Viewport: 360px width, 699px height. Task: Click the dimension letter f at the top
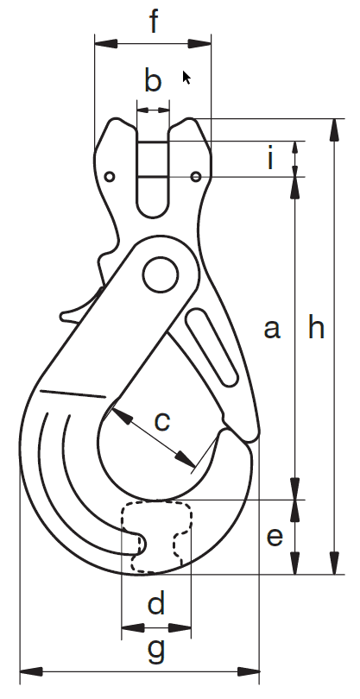(x=154, y=21)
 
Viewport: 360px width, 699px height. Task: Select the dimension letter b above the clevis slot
(x=153, y=80)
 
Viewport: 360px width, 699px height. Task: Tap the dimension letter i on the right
(x=270, y=159)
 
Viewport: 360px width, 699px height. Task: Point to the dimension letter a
(x=272, y=330)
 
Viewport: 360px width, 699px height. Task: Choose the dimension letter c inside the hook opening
(x=162, y=421)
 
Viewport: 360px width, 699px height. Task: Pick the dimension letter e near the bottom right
(x=275, y=537)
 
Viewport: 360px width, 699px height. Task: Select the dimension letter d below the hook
(x=156, y=601)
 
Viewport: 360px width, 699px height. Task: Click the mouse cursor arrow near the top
(x=186, y=77)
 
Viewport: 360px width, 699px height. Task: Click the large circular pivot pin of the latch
(x=161, y=274)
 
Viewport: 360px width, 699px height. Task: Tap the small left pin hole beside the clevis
(x=110, y=177)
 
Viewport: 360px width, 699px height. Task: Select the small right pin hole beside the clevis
(x=196, y=177)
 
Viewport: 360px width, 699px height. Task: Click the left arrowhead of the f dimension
(x=105, y=44)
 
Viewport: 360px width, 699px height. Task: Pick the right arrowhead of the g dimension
(x=249, y=671)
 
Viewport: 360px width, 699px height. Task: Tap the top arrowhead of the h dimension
(x=334, y=129)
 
